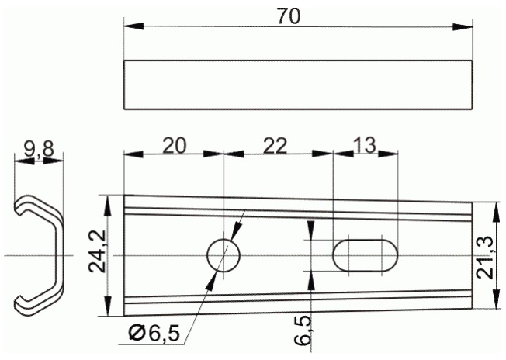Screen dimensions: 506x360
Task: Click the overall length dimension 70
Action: (289, 16)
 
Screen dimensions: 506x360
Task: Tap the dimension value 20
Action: (175, 146)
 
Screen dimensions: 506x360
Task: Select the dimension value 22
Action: (275, 146)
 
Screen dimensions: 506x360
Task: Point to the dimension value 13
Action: (365, 145)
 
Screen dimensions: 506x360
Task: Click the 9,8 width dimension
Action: (39, 150)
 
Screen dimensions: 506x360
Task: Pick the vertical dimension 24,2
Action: (98, 251)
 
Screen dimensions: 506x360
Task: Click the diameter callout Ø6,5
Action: (154, 333)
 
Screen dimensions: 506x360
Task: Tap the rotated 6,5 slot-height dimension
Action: (303, 331)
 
